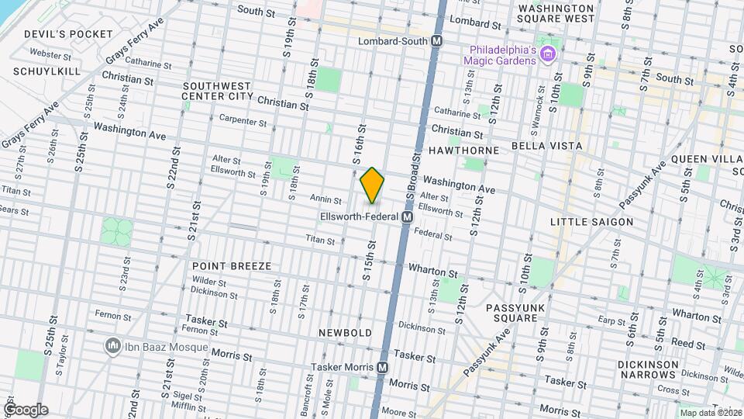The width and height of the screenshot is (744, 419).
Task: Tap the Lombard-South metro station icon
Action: [437, 41]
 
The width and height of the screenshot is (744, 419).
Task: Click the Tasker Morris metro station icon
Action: [382, 367]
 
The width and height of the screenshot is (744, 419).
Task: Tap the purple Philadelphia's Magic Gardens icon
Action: [549, 54]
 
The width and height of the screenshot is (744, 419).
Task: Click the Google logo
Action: [25, 409]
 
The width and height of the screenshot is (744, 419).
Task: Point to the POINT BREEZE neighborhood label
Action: [232, 266]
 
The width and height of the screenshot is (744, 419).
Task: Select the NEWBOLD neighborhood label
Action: [346, 333]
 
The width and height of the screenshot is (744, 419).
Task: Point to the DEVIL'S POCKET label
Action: [58, 34]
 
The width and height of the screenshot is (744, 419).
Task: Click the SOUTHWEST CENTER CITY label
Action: [217, 91]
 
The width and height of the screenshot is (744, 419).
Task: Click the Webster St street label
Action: [50, 56]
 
